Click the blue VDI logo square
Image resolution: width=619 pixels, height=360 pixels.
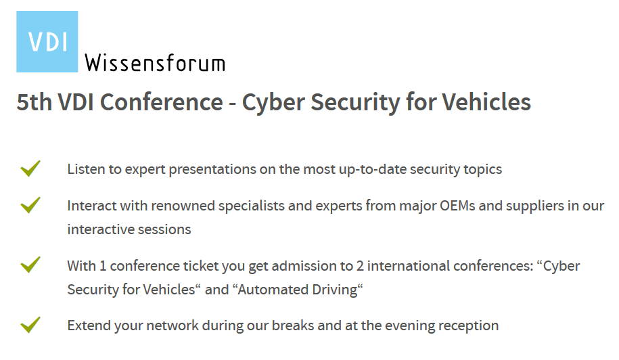point(47,41)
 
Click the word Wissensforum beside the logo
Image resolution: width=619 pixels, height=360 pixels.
point(155,63)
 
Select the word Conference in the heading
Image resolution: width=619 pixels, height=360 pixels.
point(162,102)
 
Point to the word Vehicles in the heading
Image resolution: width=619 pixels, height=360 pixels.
point(486,102)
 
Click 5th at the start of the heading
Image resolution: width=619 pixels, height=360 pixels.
point(35,102)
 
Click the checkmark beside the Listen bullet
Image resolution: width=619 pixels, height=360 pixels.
point(30,168)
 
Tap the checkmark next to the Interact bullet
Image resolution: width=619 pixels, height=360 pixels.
point(30,205)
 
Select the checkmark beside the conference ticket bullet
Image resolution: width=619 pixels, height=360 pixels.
point(30,265)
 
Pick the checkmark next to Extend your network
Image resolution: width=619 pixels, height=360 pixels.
point(30,325)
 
